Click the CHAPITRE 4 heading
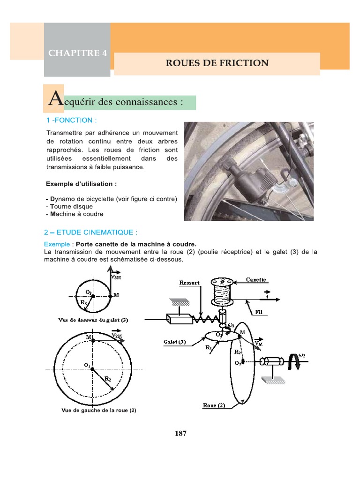click(x=77, y=53)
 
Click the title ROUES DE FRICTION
click(x=217, y=63)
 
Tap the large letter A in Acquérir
click(x=54, y=99)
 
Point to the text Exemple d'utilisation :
click(x=81, y=183)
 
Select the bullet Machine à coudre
click(x=75, y=214)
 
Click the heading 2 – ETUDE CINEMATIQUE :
click(x=91, y=232)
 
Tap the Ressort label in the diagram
click(x=190, y=283)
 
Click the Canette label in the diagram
click(x=256, y=279)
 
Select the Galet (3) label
click(x=175, y=342)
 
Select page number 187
click(x=180, y=434)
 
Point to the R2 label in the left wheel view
click(x=107, y=378)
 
